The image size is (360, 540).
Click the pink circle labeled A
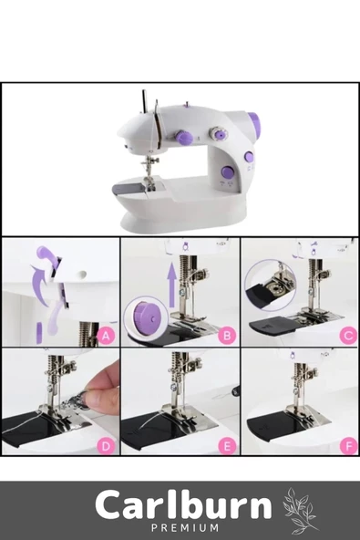[106, 335]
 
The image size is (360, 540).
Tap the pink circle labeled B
[227, 335]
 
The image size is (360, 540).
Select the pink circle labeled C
[348, 335]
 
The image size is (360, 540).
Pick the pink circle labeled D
[106, 446]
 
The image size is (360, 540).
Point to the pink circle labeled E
[227, 446]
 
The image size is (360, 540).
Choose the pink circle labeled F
[348, 446]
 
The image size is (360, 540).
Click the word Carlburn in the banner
[183, 505]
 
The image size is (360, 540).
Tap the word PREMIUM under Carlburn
[186, 527]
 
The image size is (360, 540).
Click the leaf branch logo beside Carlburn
[299, 511]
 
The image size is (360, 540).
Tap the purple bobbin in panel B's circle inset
[146, 317]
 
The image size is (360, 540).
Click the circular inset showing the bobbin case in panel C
[270, 285]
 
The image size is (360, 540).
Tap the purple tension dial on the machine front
[183, 138]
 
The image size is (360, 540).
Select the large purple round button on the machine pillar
[227, 172]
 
